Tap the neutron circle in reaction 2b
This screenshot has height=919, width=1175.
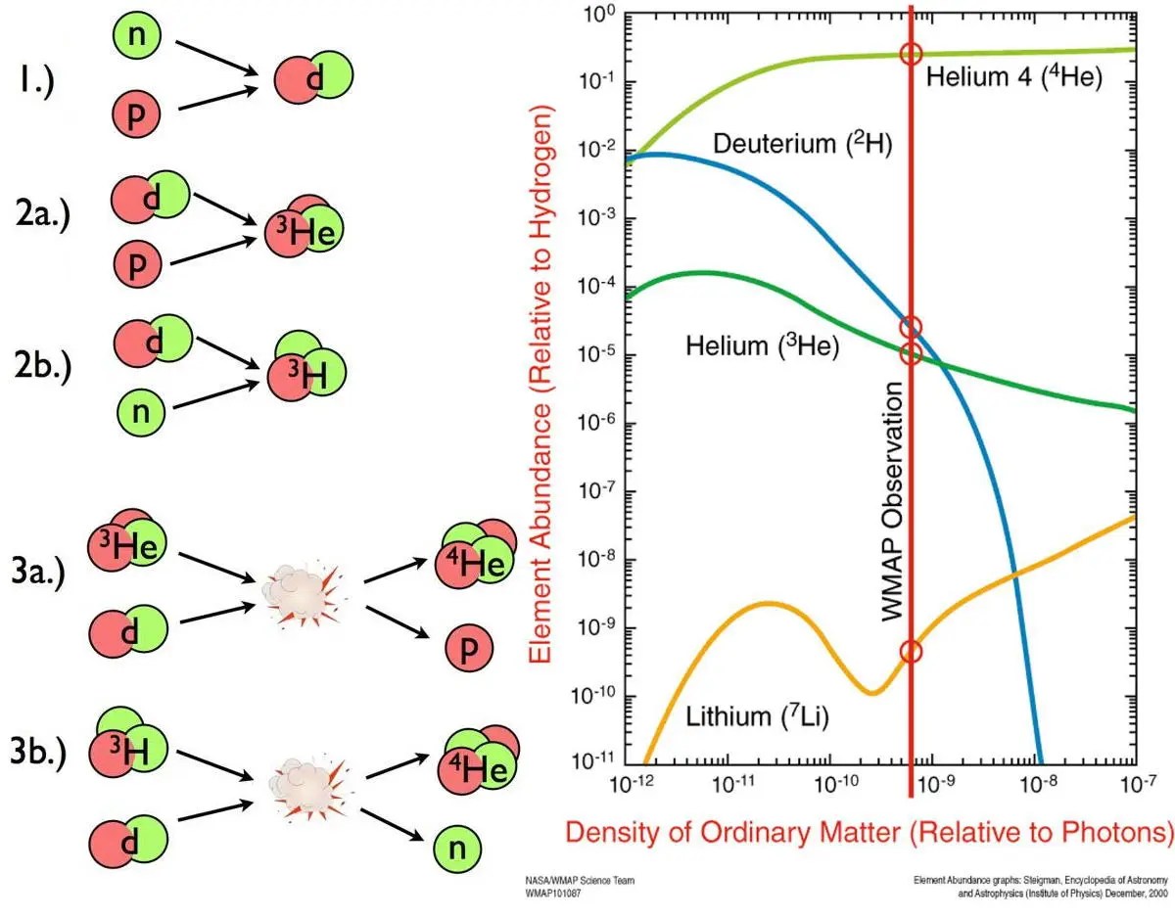click(x=143, y=410)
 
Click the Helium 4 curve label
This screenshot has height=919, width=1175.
click(x=1014, y=78)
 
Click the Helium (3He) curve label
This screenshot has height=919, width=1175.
click(x=763, y=345)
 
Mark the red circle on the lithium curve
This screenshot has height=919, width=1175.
click(x=911, y=653)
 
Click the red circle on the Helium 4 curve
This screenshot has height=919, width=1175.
click(x=911, y=54)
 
